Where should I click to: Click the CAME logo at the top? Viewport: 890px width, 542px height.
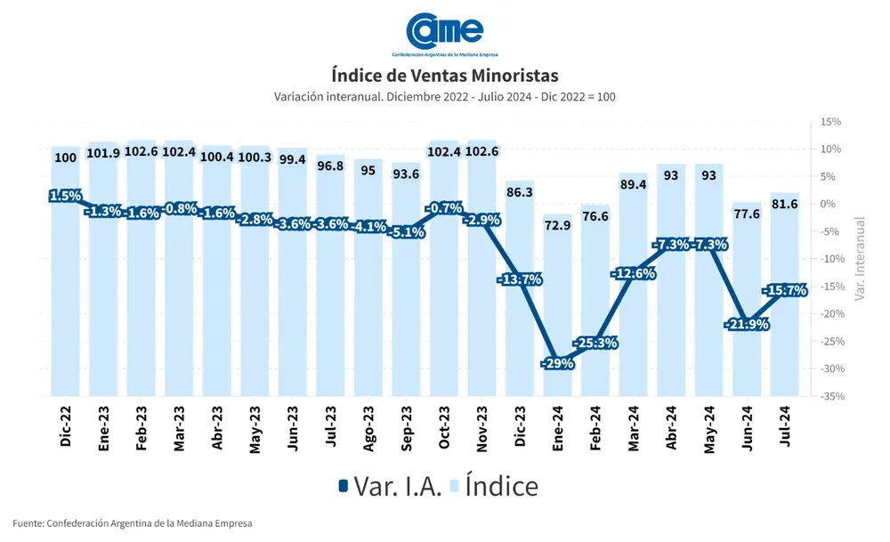pyautogui.click(x=445, y=33)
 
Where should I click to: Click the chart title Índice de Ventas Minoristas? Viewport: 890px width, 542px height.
pyautogui.click(x=445, y=75)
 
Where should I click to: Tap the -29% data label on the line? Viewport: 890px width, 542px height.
pyautogui.click(x=557, y=363)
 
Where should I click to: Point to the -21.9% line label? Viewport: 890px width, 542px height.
pyautogui.click(x=747, y=324)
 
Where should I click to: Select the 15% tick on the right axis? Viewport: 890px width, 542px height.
pyautogui.click(x=830, y=122)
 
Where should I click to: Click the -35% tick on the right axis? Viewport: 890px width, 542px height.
pyautogui.click(x=830, y=396)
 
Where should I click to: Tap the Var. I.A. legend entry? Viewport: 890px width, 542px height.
pyautogui.click(x=389, y=486)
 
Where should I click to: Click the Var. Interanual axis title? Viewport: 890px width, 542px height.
pyautogui.click(x=859, y=258)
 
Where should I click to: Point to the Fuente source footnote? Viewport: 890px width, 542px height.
pyautogui.click(x=133, y=523)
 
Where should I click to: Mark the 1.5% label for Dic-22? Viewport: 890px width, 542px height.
pyautogui.click(x=65, y=196)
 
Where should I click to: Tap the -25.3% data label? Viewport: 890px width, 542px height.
pyautogui.click(x=595, y=343)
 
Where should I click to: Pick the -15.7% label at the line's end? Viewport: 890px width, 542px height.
pyautogui.click(x=784, y=290)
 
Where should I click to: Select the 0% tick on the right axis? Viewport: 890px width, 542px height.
pyautogui.click(x=828, y=204)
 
